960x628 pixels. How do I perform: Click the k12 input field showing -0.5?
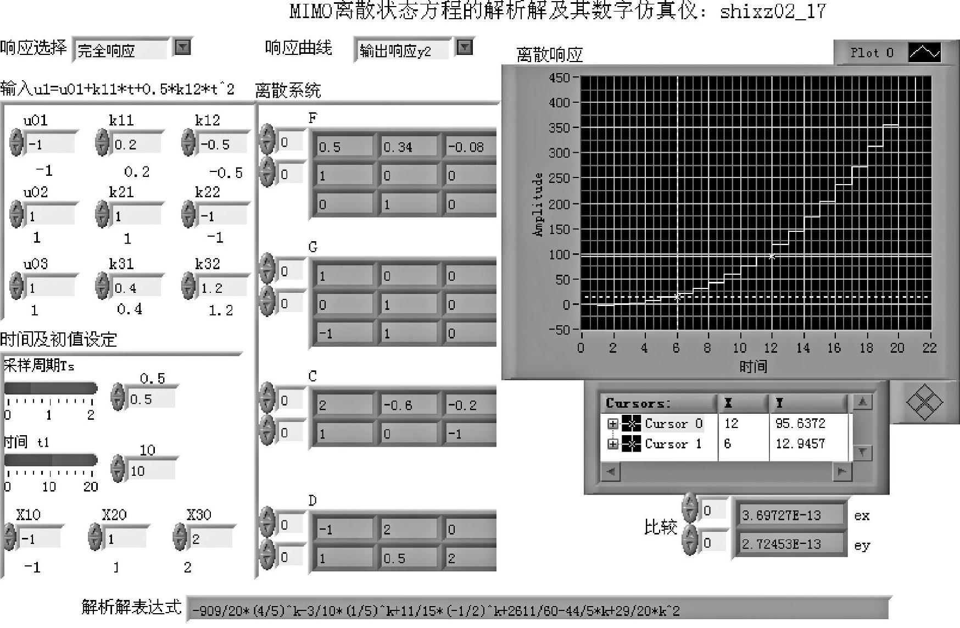click(x=222, y=145)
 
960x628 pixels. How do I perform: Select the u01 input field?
click(x=49, y=145)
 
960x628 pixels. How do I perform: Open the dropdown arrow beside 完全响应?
click(x=182, y=48)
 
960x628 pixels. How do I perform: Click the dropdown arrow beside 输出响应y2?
click(x=465, y=48)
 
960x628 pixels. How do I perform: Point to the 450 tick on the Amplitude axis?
click(x=559, y=78)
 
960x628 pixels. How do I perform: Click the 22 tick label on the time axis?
click(x=929, y=348)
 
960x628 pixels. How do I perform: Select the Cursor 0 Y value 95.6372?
click(x=800, y=424)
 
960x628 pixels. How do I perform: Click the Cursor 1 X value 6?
click(x=728, y=444)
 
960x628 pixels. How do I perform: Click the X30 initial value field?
click(x=211, y=539)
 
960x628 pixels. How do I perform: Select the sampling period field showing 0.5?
click(x=150, y=399)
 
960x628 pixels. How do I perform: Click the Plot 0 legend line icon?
click(x=925, y=53)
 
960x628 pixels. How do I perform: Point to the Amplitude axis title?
click(x=538, y=204)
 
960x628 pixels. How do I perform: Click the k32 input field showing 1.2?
click(x=222, y=288)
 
